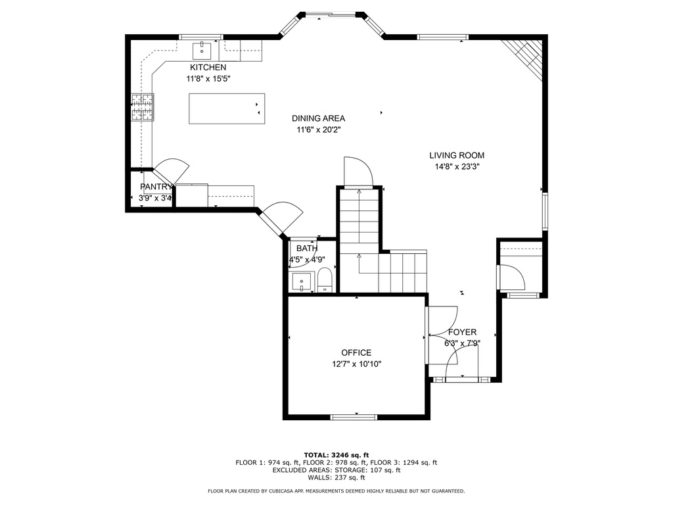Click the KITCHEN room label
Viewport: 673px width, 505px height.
pyautogui.click(x=208, y=68)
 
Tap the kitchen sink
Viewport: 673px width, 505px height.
pyautogui.click(x=202, y=51)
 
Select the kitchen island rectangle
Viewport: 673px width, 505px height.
pyautogui.click(x=227, y=108)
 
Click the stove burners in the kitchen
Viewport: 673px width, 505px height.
pyautogui.click(x=143, y=107)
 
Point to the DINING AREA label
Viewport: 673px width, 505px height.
pyautogui.click(x=319, y=118)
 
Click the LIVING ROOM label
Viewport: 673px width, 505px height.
pyautogui.click(x=457, y=155)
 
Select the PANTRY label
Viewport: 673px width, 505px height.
pyautogui.click(x=156, y=187)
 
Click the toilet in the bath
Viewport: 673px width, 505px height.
pyautogui.click(x=325, y=279)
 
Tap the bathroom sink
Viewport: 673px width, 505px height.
pyautogui.click(x=302, y=282)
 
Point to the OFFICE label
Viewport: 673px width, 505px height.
pyautogui.click(x=356, y=353)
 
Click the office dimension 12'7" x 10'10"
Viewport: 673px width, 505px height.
pyautogui.click(x=357, y=364)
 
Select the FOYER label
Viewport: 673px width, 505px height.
pyautogui.click(x=462, y=332)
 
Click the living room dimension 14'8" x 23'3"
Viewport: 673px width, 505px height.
pyautogui.click(x=457, y=166)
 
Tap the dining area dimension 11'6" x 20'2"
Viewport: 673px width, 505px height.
pyautogui.click(x=319, y=130)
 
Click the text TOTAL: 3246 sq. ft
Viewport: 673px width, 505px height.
pyautogui.click(x=336, y=455)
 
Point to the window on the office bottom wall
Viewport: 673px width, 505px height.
pyautogui.click(x=354, y=417)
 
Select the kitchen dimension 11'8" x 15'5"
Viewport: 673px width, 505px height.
pyautogui.click(x=208, y=79)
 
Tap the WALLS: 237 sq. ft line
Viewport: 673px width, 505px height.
pyautogui.click(x=336, y=477)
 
